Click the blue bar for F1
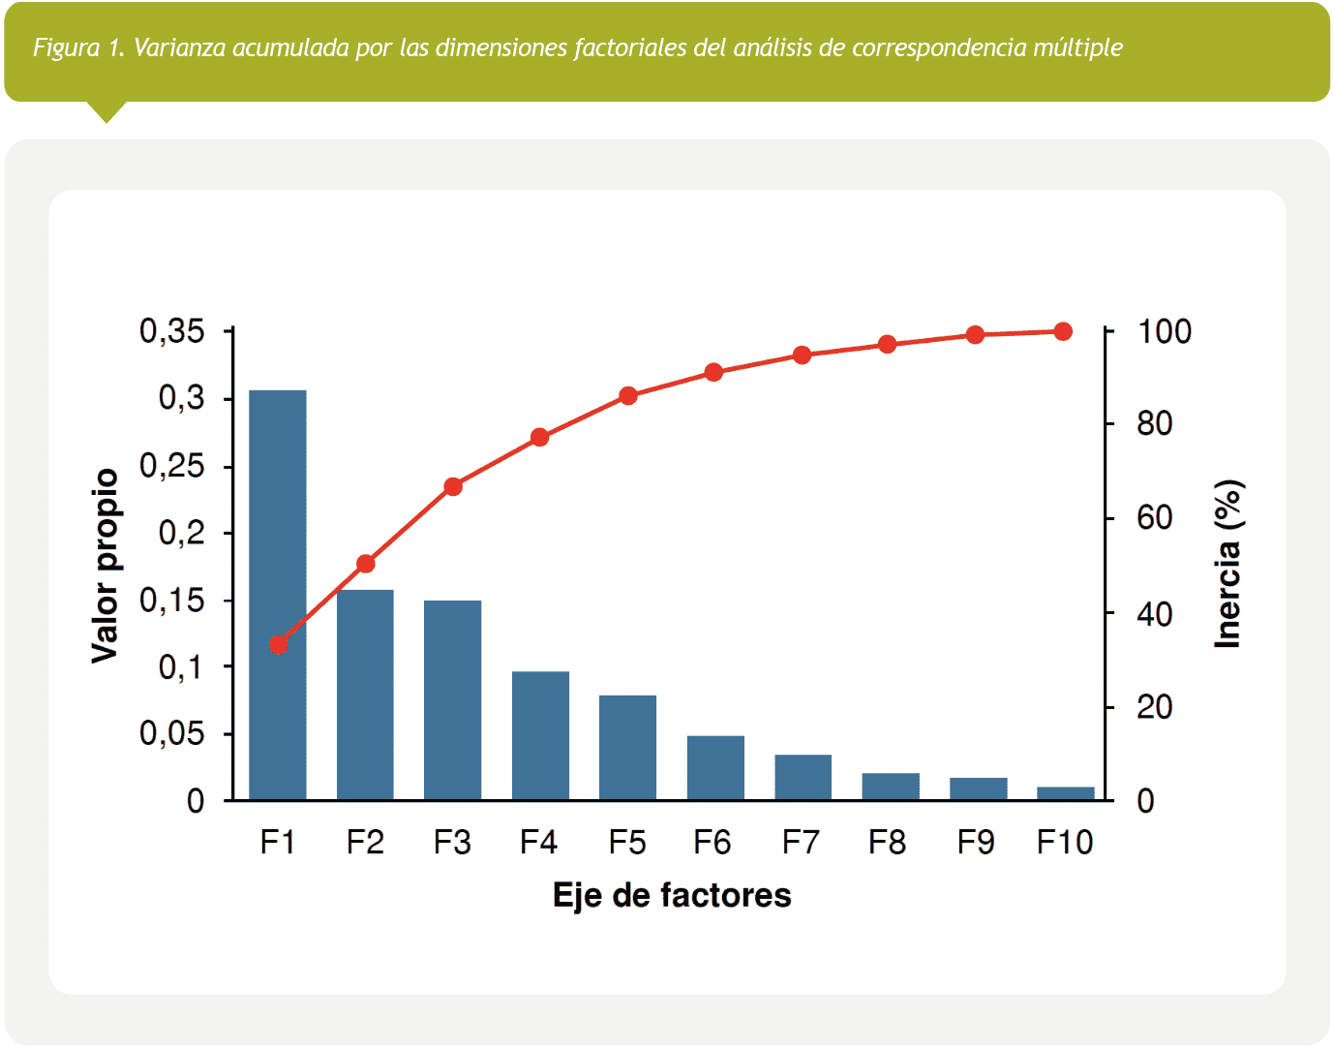[278, 595]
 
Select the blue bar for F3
[452, 699]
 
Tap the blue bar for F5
[627, 747]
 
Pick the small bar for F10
[1065, 793]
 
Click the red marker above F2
[366, 564]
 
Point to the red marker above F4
[540, 438]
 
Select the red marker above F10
[1063, 332]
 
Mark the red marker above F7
[802, 355]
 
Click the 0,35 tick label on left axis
[172, 332]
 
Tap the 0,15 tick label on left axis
[172, 601]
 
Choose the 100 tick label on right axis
[1164, 332]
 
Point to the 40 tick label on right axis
[1154, 614]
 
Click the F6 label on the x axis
[712, 843]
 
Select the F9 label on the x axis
[976, 843]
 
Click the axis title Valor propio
[105, 566]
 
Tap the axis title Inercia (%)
[1228, 564]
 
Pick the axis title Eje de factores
[672, 895]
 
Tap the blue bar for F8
[891, 787]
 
